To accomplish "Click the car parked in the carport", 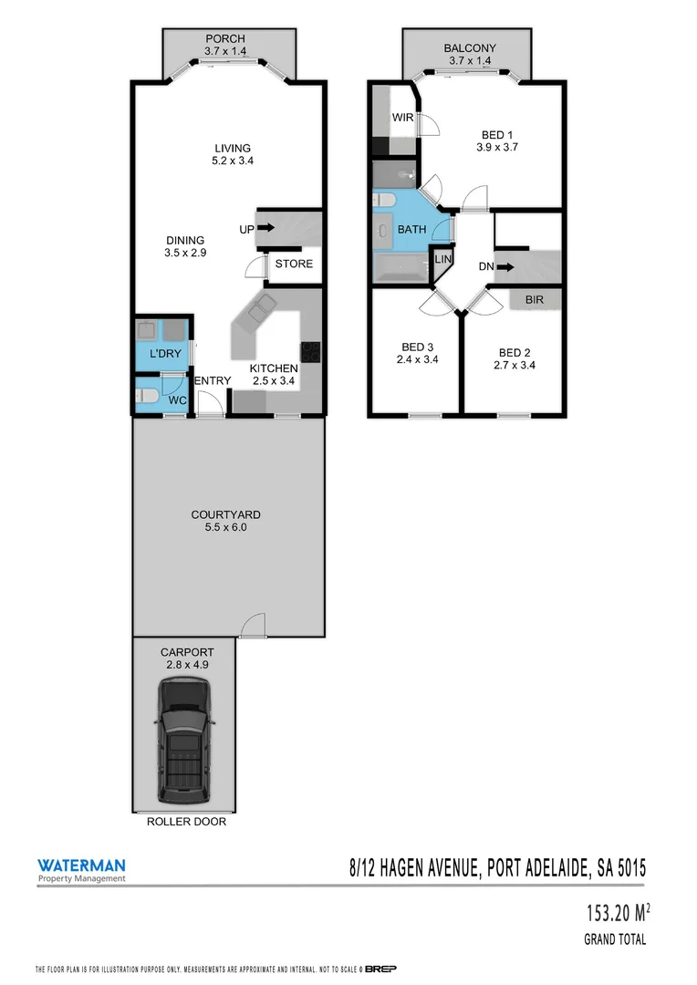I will point(186,742).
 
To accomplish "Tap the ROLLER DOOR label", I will point(186,822).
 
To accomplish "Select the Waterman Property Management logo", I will point(81,870).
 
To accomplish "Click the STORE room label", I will point(294,264).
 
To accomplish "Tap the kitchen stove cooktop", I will point(311,352).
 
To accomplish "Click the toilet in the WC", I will point(148,397).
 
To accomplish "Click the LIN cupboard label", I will point(442,260).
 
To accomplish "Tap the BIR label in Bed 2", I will point(534,299).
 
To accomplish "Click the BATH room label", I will point(411,230).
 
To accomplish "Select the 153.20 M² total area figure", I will point(618,912).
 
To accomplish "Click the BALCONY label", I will point(469,48).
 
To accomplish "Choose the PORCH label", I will point(224,39).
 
